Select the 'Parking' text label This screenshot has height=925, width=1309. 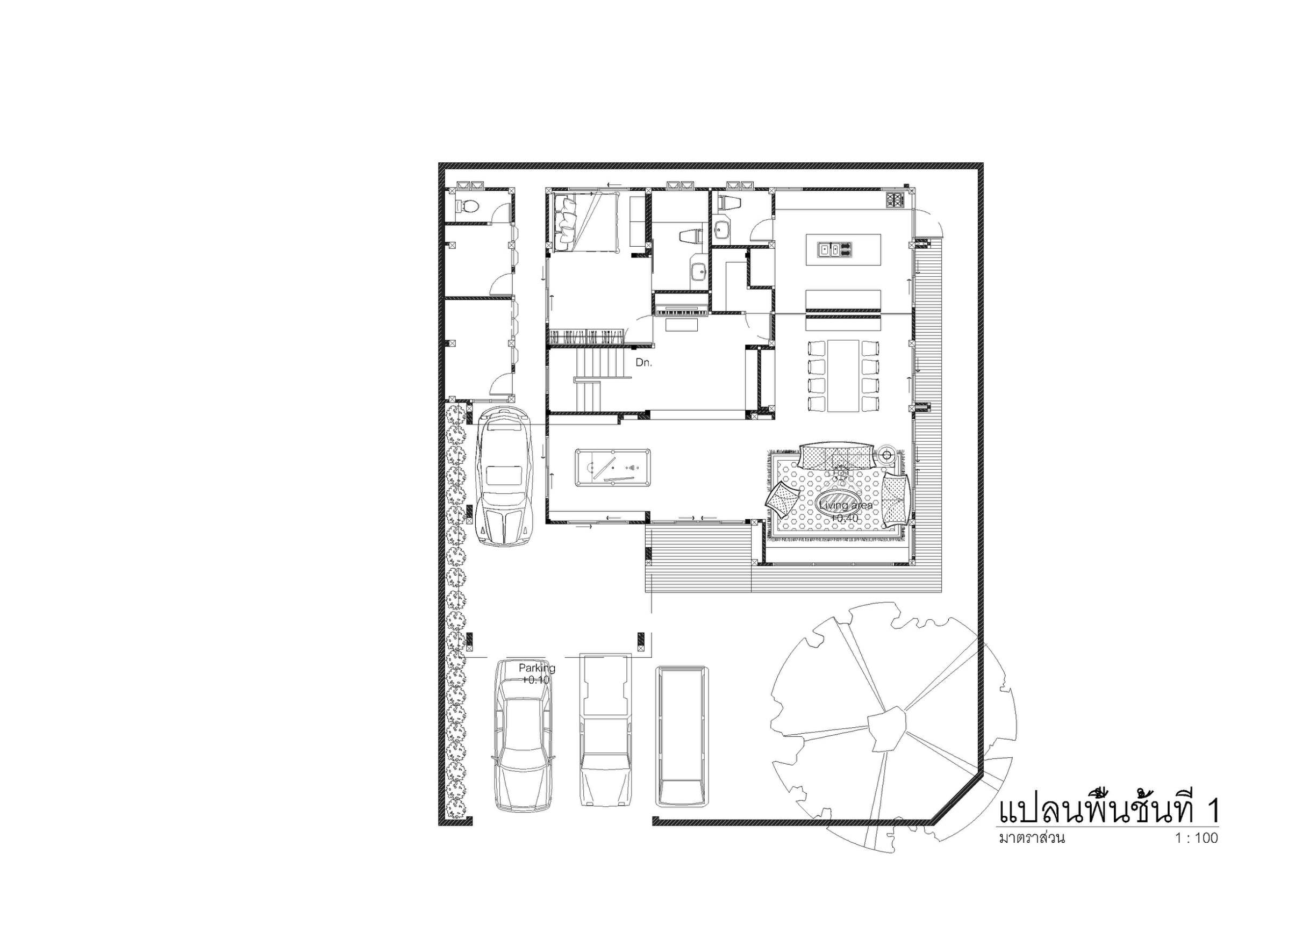point(537,668)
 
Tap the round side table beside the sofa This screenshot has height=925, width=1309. point(887,455)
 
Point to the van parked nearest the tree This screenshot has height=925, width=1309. point(682,736)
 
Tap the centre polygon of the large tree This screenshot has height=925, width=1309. point(886,728)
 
